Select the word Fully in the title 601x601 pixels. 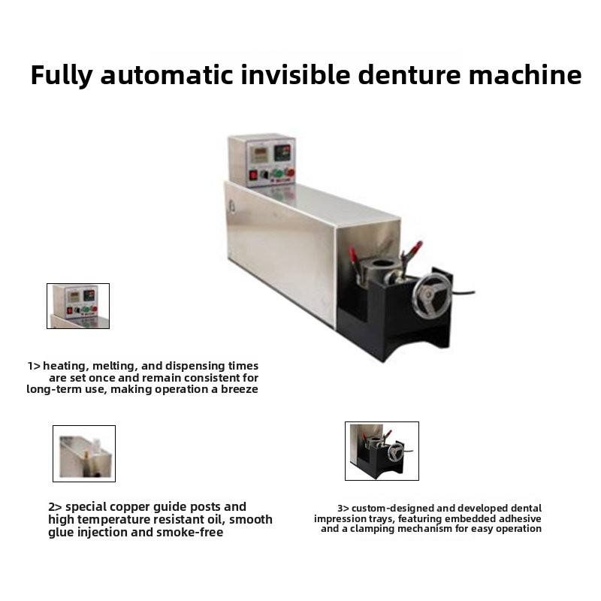[x=62, y=76]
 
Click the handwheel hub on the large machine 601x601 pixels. [x=429, y=296]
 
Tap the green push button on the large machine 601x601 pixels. [x=277, y=173]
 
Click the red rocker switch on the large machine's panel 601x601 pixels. [x=253, y=175]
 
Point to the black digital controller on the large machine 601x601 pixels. [x=282, y=153]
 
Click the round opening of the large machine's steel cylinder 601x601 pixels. [x=382, y=264]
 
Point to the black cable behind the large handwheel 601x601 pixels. [x=463, y=293]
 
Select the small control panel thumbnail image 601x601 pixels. [x=78, y=306]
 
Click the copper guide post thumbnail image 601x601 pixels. [x=84, y=454]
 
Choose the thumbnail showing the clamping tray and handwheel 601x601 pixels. [x=382, y=452]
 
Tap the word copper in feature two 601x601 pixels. [x=131, y=508]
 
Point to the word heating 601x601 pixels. [x=65, y=367]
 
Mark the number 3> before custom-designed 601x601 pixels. [x=343, y=509]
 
